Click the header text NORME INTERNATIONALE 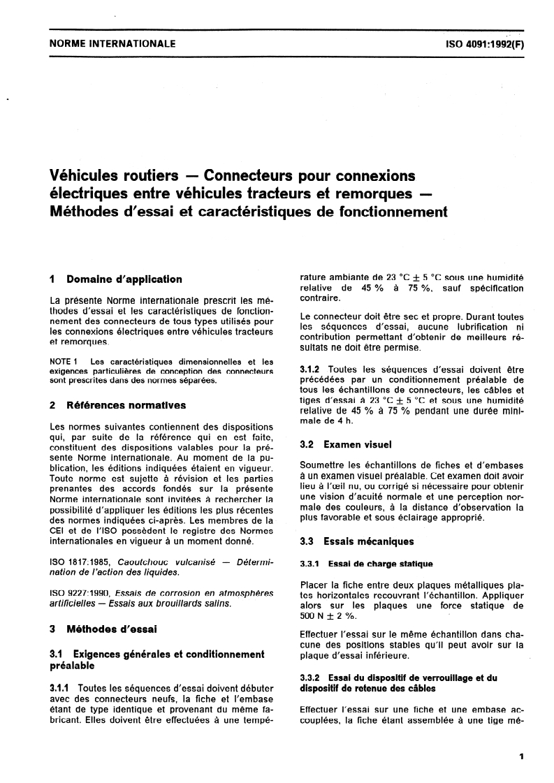pos(112,44)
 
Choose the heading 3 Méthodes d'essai pos(103,629)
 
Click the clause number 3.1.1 pos(64,687)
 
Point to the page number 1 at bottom pos(522,756)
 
